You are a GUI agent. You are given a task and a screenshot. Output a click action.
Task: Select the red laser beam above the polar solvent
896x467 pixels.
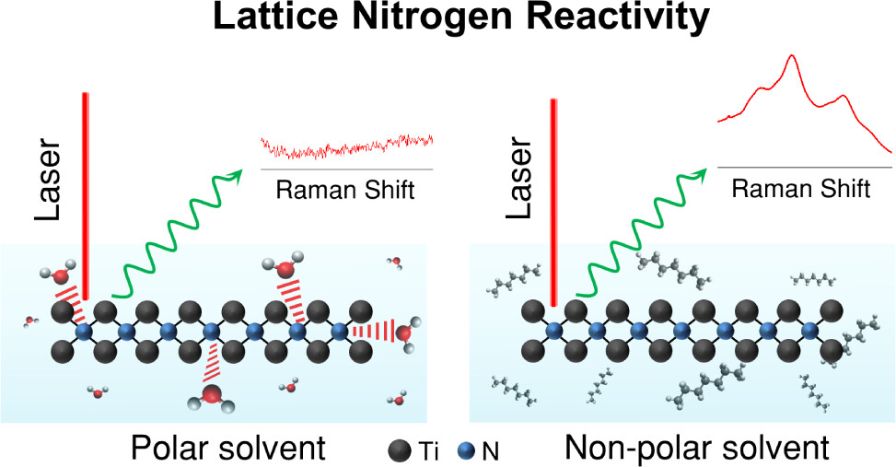(85, 193)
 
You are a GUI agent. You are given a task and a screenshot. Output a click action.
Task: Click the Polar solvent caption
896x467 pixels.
(227, 449)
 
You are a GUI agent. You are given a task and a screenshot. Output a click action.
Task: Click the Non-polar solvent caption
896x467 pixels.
(696, 449)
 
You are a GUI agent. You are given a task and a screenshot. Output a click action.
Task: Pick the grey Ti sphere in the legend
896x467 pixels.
(400, 450)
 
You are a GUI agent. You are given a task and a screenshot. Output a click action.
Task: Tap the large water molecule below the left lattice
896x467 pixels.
(210, 397)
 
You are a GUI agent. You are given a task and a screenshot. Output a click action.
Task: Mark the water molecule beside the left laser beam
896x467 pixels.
(58, 274)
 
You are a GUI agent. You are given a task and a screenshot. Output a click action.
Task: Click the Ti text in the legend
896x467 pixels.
(429, 450)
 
